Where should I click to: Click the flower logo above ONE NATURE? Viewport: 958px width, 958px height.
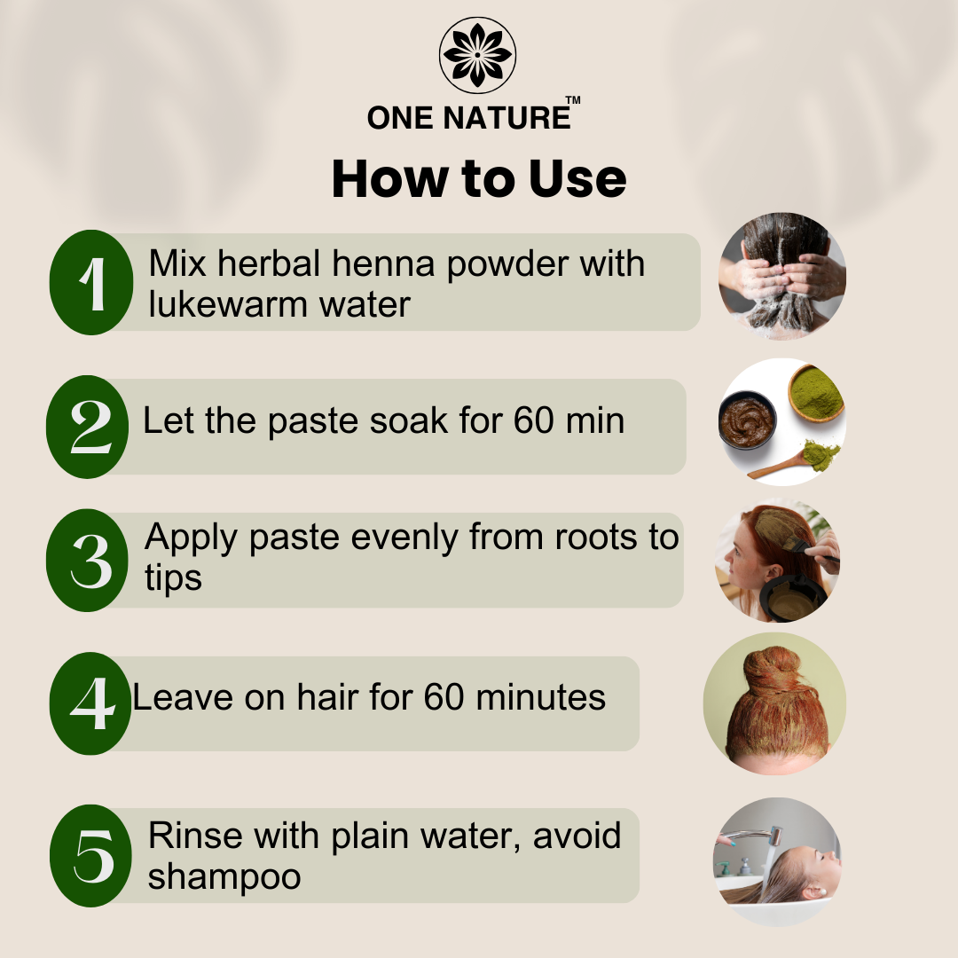pos(477,55)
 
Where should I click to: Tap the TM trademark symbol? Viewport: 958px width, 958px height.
pos(573,101)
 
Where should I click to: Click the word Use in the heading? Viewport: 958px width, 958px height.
pos(577,178)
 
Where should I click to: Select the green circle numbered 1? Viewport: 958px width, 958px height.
pos(91,282)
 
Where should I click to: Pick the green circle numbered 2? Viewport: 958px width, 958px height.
pos(88,427)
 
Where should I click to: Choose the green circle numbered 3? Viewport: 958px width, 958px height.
pos(88,561)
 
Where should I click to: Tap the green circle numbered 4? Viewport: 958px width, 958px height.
pos(90,703)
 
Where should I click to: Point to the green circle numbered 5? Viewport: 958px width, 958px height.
pos(91,856)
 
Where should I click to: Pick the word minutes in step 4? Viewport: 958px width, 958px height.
pos(541,697)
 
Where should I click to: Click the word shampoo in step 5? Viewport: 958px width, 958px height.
pos(224,877)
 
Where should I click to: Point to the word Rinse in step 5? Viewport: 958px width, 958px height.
pos(195,836)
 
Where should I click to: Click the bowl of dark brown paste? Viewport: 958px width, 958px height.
pos(747,420)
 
